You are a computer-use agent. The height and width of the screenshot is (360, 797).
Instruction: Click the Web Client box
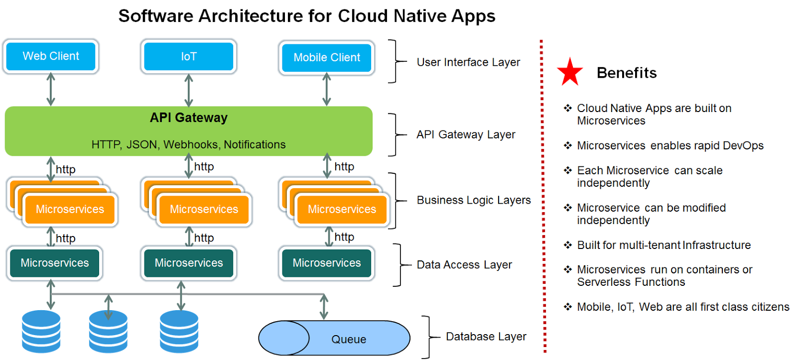(x=51, y=56)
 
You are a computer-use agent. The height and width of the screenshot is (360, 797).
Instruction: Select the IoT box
(x=188, y=57)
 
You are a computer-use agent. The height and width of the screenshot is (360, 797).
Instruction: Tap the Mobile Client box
(x=327, y=58)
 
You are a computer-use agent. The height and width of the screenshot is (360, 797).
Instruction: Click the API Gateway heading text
(x=188, y=118)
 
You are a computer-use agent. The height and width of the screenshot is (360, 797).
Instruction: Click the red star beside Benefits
(x=570, y=72)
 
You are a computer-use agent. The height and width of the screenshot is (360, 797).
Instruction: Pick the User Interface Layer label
(x=468, y=62)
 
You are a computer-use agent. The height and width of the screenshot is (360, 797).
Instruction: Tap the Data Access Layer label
(x=464, y=265)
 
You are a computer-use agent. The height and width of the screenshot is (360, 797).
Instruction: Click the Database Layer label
(x=486, y=337)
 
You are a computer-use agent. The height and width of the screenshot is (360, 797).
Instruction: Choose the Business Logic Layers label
(x=474, y=200)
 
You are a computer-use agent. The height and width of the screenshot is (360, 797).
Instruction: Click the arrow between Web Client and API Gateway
(x=51, y=90)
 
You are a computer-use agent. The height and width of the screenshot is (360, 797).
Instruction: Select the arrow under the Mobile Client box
(x=327, y=90)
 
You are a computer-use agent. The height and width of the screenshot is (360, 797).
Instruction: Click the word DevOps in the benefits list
(x=743, y=146)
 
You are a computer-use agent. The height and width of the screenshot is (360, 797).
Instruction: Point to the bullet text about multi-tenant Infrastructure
(x=664, y=245)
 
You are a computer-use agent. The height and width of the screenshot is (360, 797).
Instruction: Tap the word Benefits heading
(x=627, y=73)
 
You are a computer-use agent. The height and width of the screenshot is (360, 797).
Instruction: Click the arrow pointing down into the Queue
(x=324, y=307)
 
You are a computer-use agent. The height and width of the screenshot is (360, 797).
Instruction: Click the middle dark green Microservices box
(x=189, y=263)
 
